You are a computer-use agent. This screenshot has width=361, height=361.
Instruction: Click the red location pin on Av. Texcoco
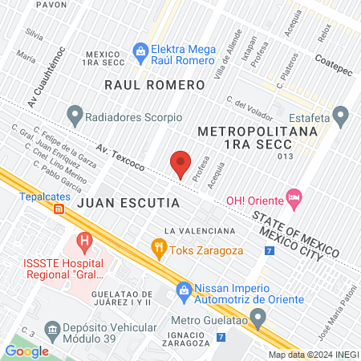180,164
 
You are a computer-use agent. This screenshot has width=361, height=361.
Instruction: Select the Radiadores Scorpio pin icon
75,116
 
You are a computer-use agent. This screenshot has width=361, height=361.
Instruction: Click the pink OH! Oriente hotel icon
294,196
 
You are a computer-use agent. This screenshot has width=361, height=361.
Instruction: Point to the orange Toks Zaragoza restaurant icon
157,249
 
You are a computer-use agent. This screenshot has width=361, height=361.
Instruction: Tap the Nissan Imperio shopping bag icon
184,289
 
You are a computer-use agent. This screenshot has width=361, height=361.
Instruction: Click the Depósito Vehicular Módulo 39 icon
53,330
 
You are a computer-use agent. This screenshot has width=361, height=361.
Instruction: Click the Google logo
26,351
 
